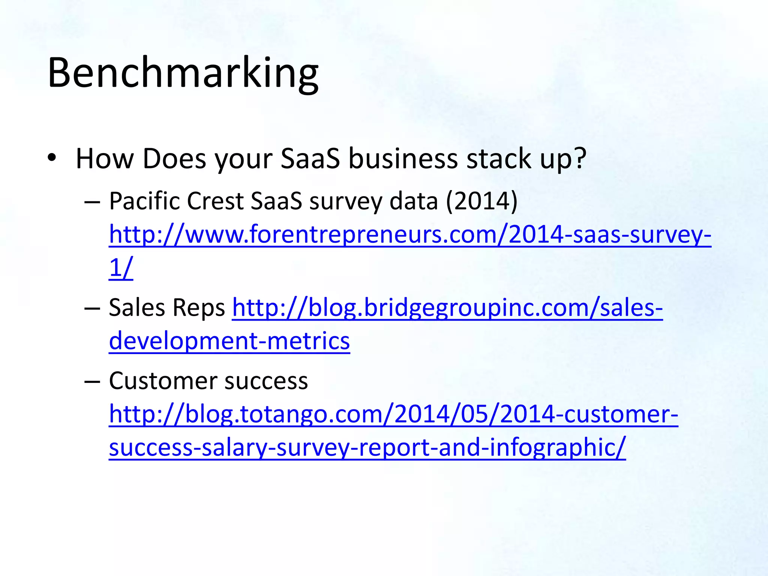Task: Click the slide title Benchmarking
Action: (x=183, y=73)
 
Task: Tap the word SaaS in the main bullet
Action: (x=310, y=159)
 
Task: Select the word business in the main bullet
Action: (x=403, y=159)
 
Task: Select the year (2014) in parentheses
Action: (x=482, y=201)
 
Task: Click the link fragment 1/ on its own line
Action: (x=121, y=268)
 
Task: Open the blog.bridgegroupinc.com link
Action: (x=447, y=308)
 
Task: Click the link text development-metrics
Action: (x=229, y=341)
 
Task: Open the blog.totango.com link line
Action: (x=393, y=414)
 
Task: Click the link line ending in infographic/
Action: (x=367, y=447)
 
